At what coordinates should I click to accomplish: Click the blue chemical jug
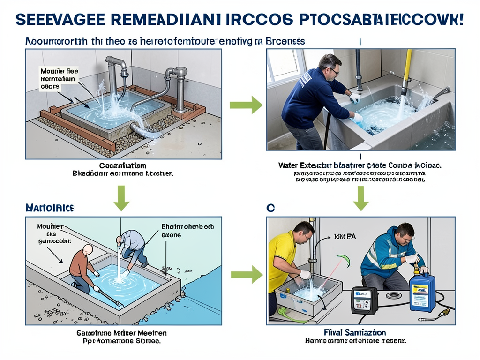pyautogui.click(x=422, y=293)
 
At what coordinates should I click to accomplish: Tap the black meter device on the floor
pyautogui.click(x=365, y=300)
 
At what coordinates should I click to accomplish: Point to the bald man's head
pyautogui.click(x=88, y=250)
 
